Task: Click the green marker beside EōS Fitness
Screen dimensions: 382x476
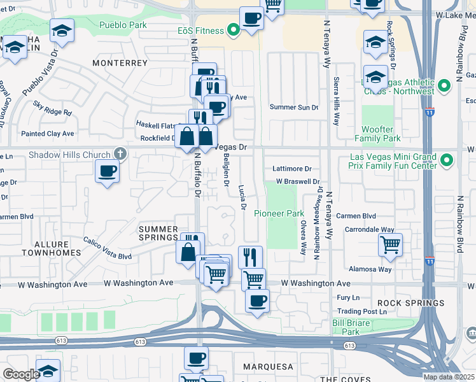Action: coord(234,30)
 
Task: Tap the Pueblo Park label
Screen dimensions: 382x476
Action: coord(123,25)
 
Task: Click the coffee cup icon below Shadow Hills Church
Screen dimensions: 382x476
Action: coord(107,171)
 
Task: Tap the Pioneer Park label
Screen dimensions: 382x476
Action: coord(279,213)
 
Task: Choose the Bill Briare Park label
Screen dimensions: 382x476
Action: coord(354,327)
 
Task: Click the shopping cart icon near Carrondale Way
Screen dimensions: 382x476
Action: coord(389,244)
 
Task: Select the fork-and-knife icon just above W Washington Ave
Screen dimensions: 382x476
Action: coord(251,257)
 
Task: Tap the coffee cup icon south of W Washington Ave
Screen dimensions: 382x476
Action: coord(257,301)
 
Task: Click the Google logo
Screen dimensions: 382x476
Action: coord(20,374)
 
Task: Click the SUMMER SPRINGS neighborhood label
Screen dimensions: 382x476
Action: coord(158,233)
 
